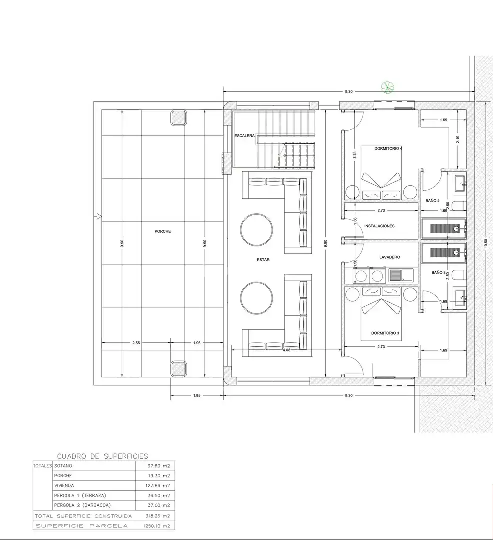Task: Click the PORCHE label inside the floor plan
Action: point(163,232)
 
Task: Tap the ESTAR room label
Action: point(263,260)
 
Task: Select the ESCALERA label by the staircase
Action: point(245,136)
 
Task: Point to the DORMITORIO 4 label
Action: point(388,149)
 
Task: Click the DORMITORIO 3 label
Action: point(385,333)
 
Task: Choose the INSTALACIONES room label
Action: point(379,226)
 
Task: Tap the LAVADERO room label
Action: point(390,257)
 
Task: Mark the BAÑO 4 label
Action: point(432,201)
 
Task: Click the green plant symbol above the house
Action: point(388,87)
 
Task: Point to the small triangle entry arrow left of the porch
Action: point(99,216)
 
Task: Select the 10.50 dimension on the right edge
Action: point(486,243)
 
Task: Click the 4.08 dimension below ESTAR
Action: point(287,350)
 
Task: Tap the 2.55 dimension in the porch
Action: point(136,343)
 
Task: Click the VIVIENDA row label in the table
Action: point(64,486)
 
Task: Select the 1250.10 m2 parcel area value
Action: point(156,526)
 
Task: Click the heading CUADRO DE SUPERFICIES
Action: point(102,456)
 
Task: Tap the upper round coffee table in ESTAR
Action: point(257,229)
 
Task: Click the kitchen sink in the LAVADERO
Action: point(401,275)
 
